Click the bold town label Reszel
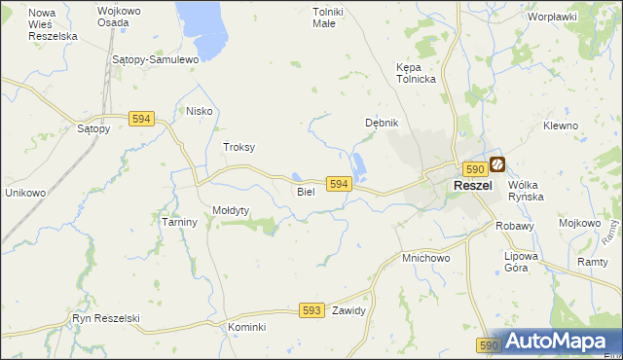coord(472,186)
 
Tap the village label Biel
coord(306,192)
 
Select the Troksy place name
coord(238,147)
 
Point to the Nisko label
coord(199,111)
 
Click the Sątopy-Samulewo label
coord(156,59)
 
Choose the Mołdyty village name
coord(232,210)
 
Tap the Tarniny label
coord(179,222)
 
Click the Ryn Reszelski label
coord(107,318)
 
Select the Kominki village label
coord(247,327)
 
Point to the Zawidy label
coord(348,311)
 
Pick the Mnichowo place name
coord(425,259)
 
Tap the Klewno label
coord(561,126)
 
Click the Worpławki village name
coord(552,17)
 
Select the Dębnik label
coord(382,123)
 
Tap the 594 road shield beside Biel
coord(338,184)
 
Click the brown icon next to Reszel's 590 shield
coord(497,166)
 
